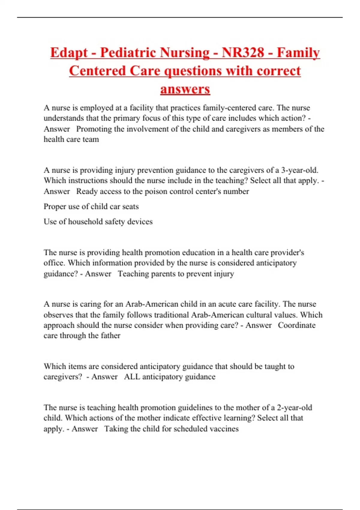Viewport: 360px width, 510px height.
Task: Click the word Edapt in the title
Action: tap(69, 53)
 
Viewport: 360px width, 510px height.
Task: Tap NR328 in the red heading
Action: tap(243, 52)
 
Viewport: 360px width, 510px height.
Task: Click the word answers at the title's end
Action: tap(185, 89)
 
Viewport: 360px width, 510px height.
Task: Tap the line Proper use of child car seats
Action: tap(91, 206)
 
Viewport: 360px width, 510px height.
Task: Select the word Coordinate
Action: tap(296, 325)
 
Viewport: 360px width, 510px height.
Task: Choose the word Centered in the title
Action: tap(97, 71)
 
